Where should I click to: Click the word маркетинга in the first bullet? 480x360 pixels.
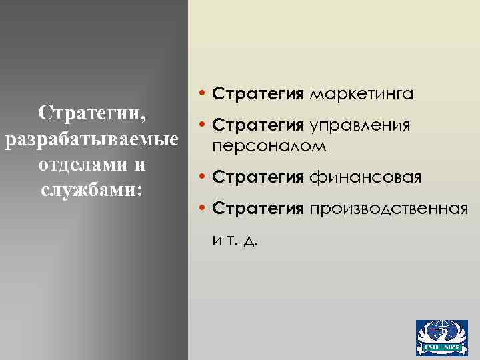click(361, 93)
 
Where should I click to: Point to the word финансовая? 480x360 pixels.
click(365, 177)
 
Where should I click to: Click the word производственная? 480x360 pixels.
click(387, 209)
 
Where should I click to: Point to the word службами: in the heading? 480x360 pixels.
click(91, 190)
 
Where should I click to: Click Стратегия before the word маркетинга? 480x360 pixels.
click(257, 93)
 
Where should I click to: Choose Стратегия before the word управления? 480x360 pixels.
click(257, 126)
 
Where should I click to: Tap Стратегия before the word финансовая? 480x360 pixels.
click(257, 177)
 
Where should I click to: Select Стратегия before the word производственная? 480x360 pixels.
click(257, 209)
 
